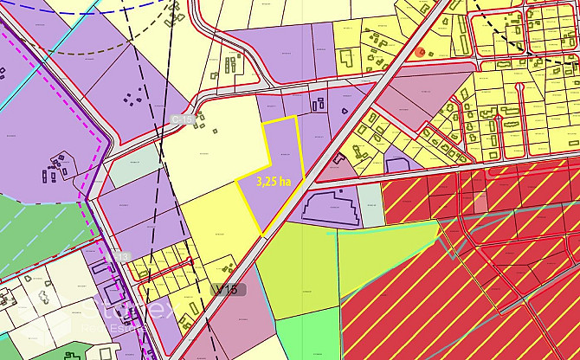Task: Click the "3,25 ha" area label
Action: coord(274,183)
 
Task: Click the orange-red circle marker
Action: coord(421,52)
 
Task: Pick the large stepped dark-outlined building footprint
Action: coord(330,208)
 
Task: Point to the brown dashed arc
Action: coord(95,50)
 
